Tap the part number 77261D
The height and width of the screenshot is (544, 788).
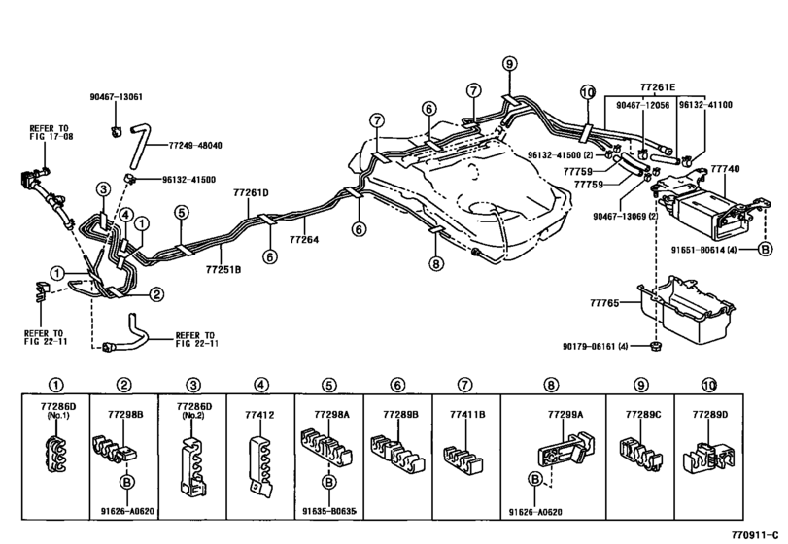click(251, 192)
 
